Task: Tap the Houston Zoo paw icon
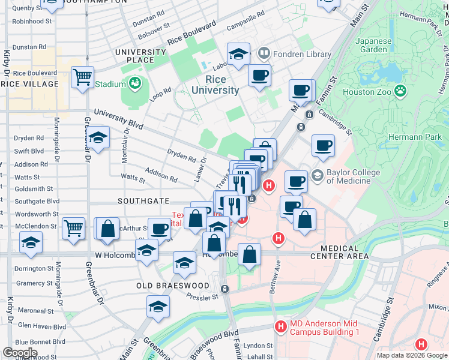click(x=400, y=92)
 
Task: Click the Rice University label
click(x=215, y=85)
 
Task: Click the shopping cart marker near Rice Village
click(x=82, y=77)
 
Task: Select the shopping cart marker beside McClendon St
click(x=73, y=227)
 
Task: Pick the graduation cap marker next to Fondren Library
click(x=238, y=53)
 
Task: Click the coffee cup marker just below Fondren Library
click(x=259, y=76)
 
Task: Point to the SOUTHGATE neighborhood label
click(x=143, y=201)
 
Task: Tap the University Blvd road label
click(x=118, y=119)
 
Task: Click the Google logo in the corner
click(x=20, y=353)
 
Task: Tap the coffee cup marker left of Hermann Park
click(x=323, y=145)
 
